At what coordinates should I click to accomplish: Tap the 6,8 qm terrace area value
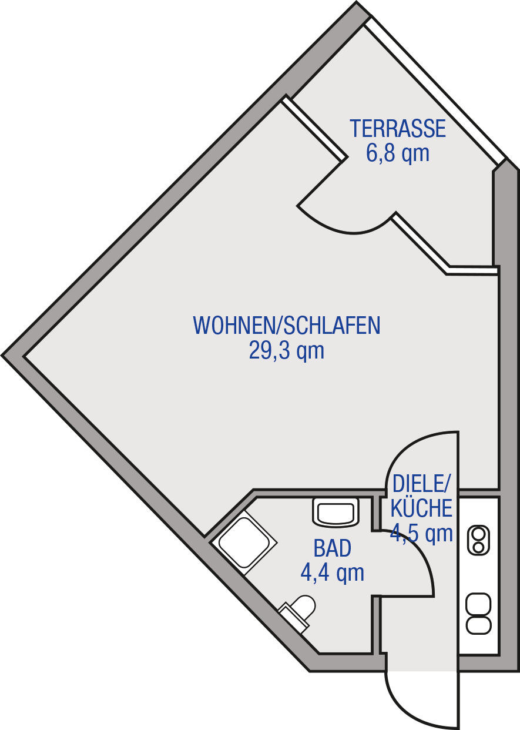398,153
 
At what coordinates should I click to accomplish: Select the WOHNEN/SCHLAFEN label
287,325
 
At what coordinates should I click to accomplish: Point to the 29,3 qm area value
287,350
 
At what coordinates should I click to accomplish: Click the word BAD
333,548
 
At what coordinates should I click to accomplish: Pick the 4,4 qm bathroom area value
333,573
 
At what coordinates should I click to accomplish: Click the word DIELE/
421,484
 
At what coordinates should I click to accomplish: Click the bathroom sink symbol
336,512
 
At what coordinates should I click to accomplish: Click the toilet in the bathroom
297,614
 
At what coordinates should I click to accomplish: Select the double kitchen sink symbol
478,614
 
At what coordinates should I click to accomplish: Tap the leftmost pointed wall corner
2,355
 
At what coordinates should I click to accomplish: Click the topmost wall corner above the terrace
357,2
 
